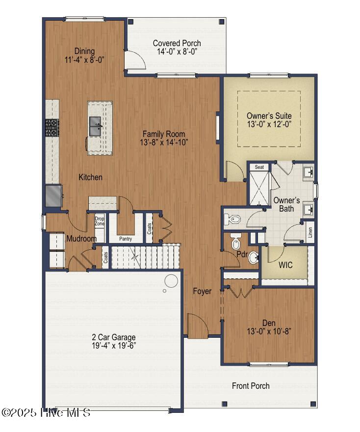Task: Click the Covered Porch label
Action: [177, 43]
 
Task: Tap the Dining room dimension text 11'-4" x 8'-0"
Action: [84, 59]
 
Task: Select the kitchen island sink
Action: [96, 125]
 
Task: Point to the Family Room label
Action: [164, 134]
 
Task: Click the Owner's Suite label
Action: [269, 116]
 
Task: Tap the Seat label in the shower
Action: [259, 167]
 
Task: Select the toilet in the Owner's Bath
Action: [232, 218]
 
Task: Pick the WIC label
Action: [285, 265]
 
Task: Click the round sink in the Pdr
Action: [253, 257]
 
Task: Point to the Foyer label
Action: [202, 291]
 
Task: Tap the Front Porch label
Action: [251, 386]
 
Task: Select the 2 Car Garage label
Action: [114, 337]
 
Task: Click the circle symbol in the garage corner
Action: [171, 281]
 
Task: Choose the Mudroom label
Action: [81, 239]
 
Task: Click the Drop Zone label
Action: [100, 221]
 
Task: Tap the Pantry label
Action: [126, 239]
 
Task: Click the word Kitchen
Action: [91, 177]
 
